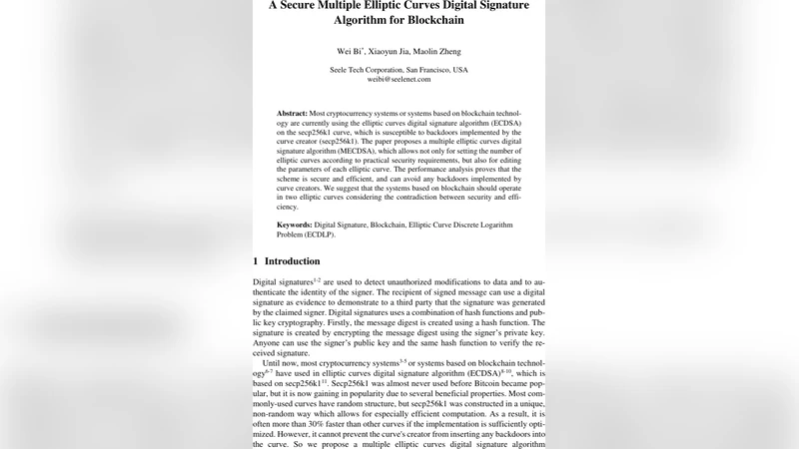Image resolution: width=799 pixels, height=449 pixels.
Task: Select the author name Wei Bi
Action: pyautogui.click(x=347, y=51)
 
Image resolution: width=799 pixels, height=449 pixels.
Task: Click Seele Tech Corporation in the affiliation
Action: pyautogui.click(x=366, y=70)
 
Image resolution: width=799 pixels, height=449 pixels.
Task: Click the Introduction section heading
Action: pyautogui.click(x=292, y=261)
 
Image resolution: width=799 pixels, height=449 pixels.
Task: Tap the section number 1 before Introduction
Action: pyautogui.click(x=256, y=261)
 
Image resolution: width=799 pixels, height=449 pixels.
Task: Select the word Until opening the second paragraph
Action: pyautogui.click(x=277, y=363)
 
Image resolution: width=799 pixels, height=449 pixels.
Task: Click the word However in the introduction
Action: pyautogui.click(x=293, y=433)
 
